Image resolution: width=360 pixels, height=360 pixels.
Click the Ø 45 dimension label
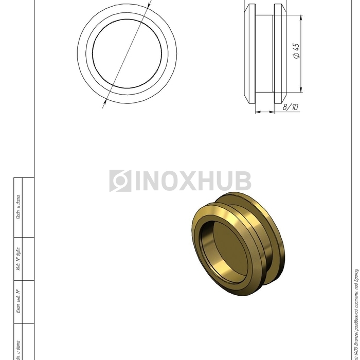296,51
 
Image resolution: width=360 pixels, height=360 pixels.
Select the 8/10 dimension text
291,106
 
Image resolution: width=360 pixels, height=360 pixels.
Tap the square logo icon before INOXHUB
120,181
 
